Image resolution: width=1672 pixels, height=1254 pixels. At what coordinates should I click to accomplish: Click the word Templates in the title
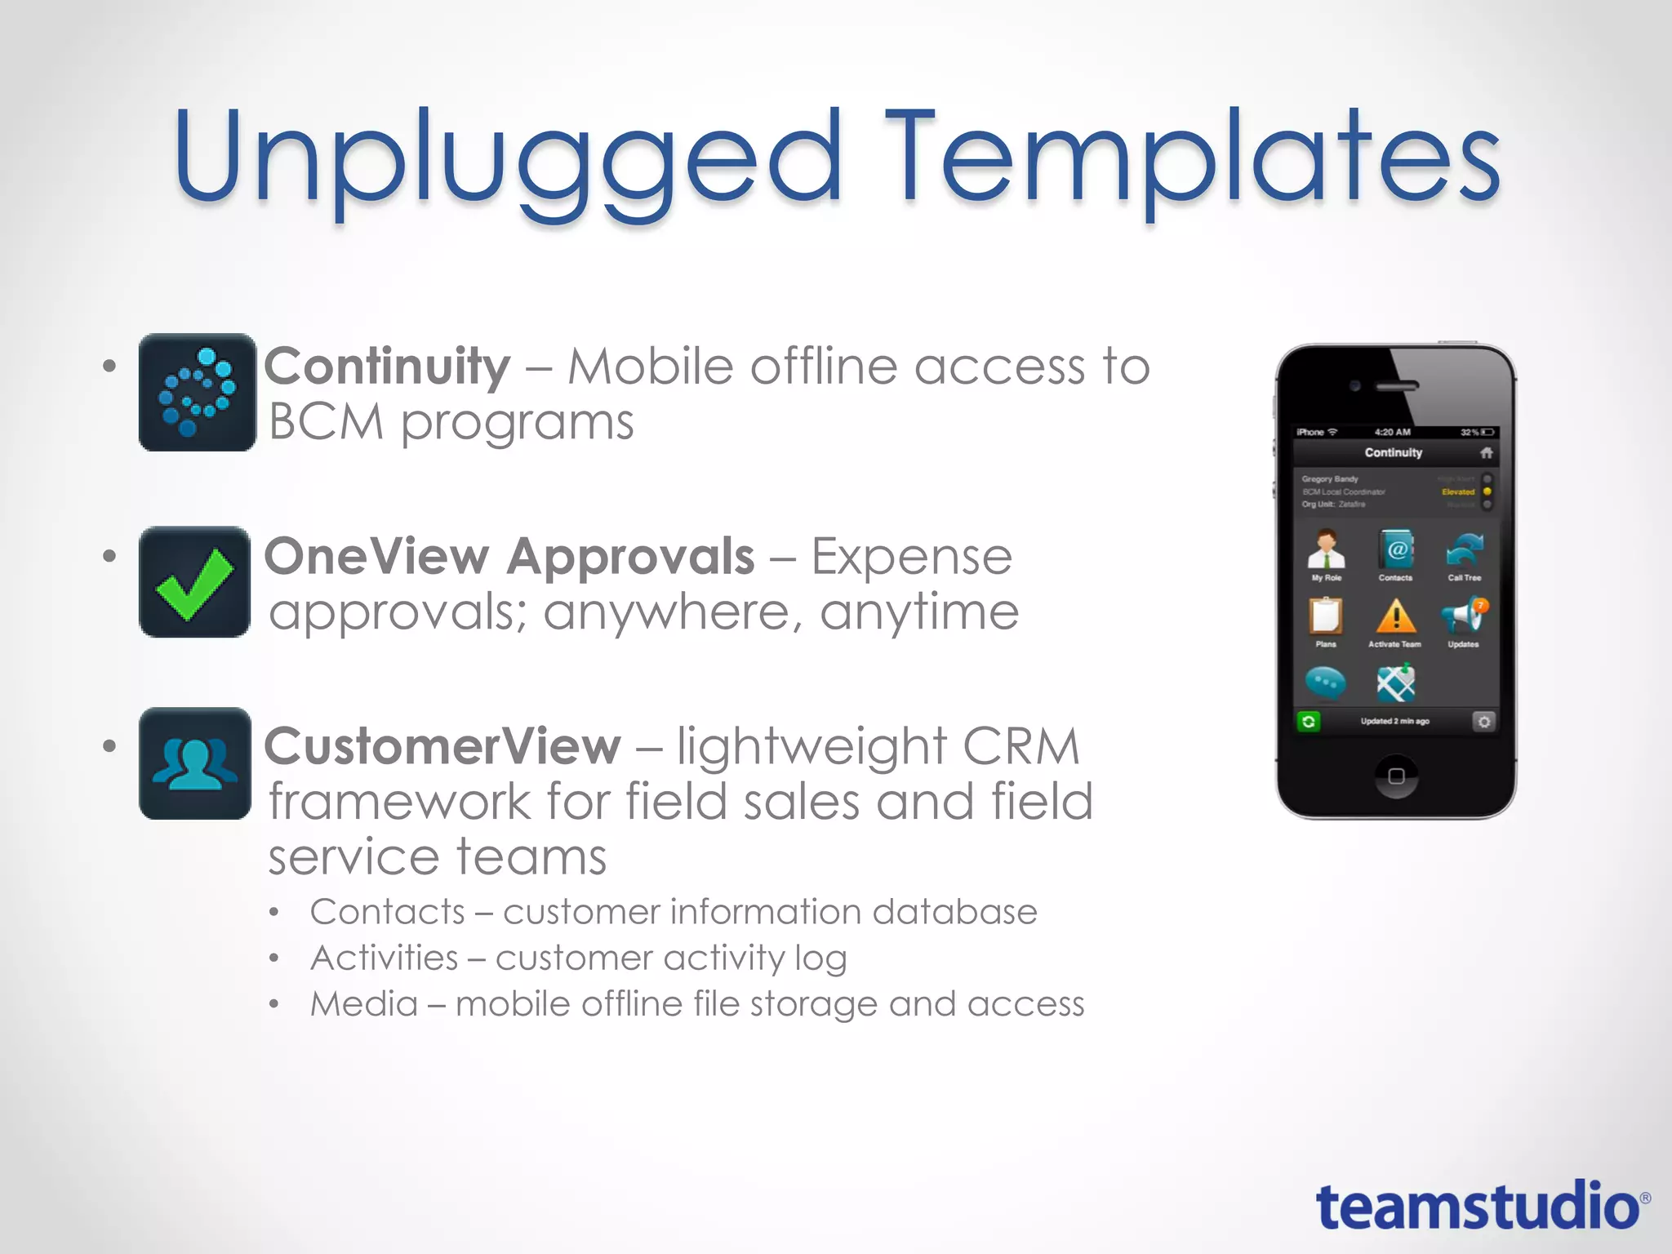(1192, 159)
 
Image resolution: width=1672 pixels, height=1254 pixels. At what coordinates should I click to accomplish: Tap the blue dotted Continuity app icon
(197, 392)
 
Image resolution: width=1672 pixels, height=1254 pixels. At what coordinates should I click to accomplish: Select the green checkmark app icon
(195, 582)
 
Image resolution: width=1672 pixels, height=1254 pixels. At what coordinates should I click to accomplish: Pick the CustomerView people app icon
(195, 764)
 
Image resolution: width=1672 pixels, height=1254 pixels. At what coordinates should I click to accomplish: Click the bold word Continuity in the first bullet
(387, 367)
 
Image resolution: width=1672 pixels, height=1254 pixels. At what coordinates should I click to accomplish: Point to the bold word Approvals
(630, 557)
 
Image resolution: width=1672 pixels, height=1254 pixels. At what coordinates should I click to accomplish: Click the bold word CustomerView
(442, 746)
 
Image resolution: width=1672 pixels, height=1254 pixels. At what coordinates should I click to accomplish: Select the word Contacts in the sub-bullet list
(387, 912)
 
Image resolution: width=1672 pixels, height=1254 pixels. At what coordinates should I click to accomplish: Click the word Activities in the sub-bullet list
(385, 958)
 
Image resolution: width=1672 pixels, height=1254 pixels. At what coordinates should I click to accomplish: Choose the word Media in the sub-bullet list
(364, 1004)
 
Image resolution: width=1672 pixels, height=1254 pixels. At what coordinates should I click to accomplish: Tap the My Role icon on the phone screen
(1327, 550)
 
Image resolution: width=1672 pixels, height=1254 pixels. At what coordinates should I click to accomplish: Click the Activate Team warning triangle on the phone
(1395, 618)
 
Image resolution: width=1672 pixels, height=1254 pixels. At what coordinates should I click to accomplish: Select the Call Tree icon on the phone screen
(1464, 550)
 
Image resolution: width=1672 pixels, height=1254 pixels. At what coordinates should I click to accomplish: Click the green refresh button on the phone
(1309, 722)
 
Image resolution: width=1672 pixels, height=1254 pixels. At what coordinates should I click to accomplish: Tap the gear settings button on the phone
(1483, 722)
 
